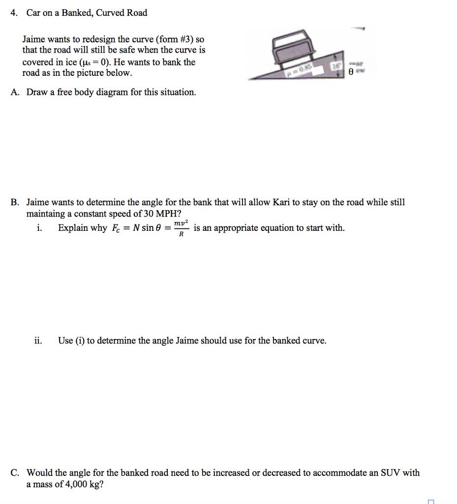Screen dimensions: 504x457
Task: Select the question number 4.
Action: click(x=14, y=13)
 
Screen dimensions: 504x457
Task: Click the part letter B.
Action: click(x=15, y=202)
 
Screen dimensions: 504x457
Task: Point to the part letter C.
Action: click(x=15, y=473)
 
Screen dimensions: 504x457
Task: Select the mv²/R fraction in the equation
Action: click(x=181, y=228)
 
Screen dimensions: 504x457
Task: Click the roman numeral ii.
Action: click(x=38, y=341)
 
